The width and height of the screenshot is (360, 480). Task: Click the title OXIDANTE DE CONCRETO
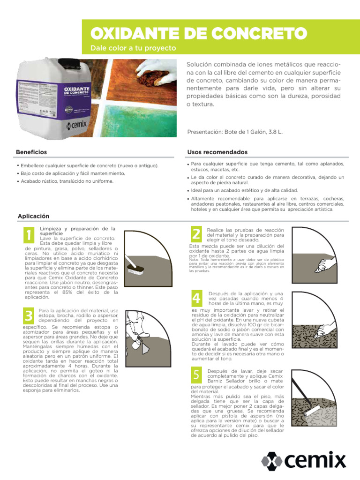point(198,33)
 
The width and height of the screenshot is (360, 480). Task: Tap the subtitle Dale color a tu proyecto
point(133,48)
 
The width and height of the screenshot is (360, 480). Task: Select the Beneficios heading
point(31,152)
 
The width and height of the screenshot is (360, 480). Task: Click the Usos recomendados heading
point(217,152)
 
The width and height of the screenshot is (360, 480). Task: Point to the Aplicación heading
point(33,216)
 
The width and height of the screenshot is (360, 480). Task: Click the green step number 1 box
point(29,235)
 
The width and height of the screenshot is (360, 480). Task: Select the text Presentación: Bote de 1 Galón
point(234,132)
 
